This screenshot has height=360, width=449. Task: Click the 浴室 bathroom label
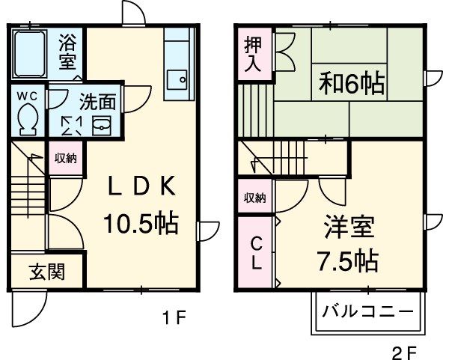pos(68,52)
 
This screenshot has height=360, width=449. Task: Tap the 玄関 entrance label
pos(46,271)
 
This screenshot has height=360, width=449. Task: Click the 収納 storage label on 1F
pos(66,158)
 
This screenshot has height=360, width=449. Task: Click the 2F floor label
pos(404,350)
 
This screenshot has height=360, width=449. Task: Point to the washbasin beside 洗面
pos(101,124)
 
